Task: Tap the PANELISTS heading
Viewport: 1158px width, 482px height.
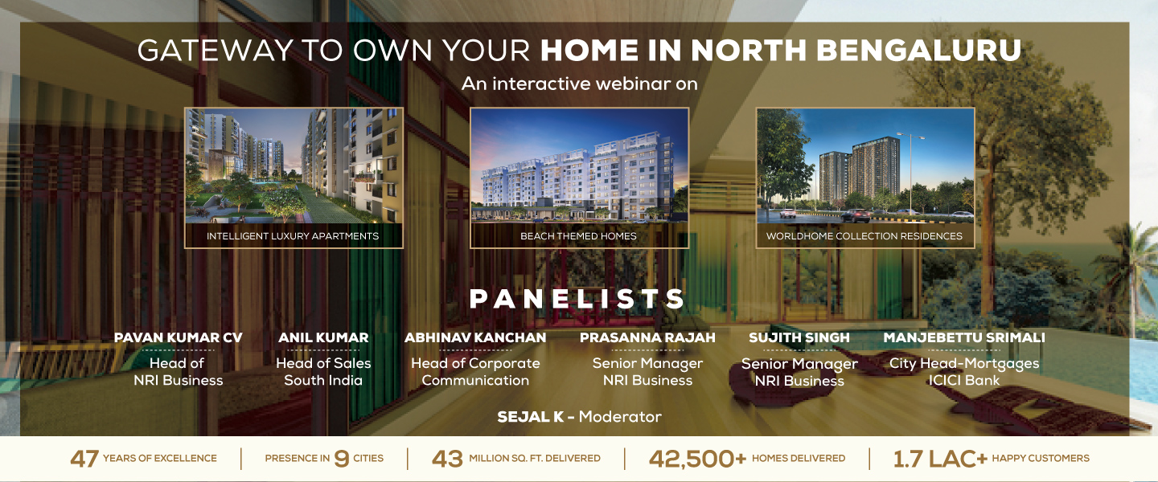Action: [x=578, y=300]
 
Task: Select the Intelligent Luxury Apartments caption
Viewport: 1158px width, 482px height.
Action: [x=293, y=236]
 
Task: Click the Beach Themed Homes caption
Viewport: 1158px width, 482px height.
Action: [x=578, y=236]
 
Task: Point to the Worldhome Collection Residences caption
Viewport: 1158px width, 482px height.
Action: [x=864, y=236]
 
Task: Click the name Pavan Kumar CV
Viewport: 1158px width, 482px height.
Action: [x=178, y=337]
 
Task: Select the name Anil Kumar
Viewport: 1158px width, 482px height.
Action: [x=323, y=337]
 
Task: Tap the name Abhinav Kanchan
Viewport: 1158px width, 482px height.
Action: [x=475, y=337]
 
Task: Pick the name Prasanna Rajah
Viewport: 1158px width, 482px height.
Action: [x=647, y=337]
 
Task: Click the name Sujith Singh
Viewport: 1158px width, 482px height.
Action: [x=799, y=337]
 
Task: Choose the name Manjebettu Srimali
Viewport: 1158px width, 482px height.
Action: [x=964, y=337]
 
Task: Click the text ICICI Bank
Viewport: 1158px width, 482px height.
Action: [x=964, y=381]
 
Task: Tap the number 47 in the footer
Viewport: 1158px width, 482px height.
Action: [x=84, y=459]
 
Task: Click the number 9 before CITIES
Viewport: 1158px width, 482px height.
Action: [x=341, y=459]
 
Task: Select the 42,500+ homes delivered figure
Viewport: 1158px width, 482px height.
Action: [x=697, y=459]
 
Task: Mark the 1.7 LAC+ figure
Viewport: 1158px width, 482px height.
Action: [x=939, y=459]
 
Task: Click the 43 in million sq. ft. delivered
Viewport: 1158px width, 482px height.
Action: [x=447, y=459]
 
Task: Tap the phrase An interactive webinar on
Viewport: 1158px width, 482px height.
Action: [x=579, y=84]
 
